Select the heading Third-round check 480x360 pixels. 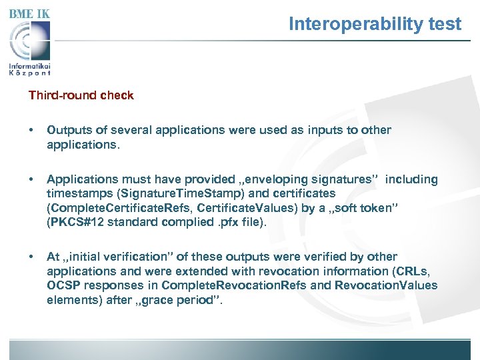point(81,95)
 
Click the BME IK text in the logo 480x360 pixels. point(29,13)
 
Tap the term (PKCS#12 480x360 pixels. point(73,222)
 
